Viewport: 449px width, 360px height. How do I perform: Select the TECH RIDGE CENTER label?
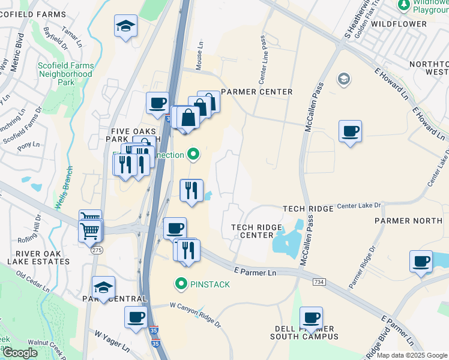(x=253, y=231)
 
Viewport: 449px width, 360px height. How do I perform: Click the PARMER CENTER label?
(x=256, y=92)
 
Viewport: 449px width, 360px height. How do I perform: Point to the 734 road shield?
(x=319, y=281)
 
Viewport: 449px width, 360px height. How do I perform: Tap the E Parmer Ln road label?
(x=255, y=272)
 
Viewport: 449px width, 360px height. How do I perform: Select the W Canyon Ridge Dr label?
(x=195, y=314)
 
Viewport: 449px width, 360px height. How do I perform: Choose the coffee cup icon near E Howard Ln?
(x=350, y=131)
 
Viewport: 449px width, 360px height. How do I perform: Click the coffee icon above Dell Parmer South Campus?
(x=311, y=317)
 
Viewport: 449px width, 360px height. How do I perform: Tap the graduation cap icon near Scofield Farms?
(x=126, y=26)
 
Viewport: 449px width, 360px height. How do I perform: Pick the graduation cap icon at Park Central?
(x=103, y=287)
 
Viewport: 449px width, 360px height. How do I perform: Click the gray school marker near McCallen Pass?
(x=343, y=79)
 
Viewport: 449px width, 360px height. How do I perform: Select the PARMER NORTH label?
(x=408, y=221)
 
